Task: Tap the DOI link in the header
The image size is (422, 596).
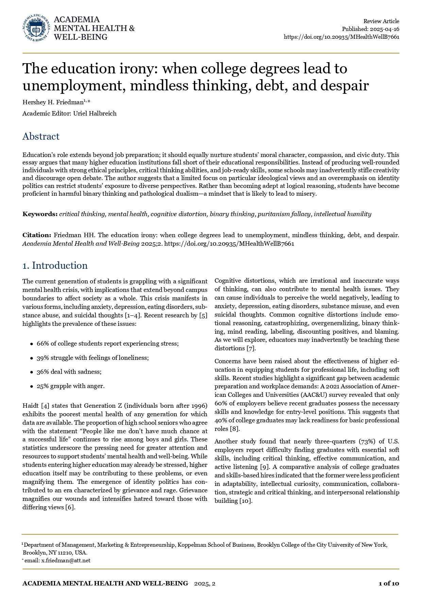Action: tap(341, 37)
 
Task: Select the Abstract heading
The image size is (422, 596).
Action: tap(41, 136)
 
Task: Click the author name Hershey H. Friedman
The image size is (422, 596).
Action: tap(53, 102)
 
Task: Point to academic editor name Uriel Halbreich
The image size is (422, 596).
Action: tap(95, 113)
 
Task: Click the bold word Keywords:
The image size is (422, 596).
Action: tap(40, 214)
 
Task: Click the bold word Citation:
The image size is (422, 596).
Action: tap(37, 235)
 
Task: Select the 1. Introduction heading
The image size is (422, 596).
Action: tap(55, 265)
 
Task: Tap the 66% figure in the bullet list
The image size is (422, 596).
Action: tap(43, 344)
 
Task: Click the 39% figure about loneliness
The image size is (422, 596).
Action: tap(43, 358)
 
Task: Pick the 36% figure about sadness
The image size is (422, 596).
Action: tap(43, 372)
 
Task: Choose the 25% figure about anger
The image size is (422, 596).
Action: tap(43, 386)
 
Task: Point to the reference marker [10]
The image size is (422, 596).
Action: tap(246, 501)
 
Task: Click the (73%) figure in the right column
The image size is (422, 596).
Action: tap(367, 442)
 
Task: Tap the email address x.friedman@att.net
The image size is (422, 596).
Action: tap(66, 561)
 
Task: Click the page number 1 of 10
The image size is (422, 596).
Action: tap(389, 584)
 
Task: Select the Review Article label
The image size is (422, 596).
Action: tap(381, 21)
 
